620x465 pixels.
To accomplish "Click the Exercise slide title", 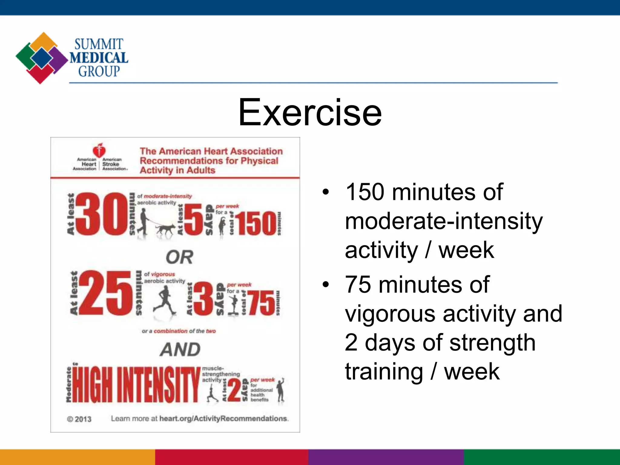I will coord(310,113).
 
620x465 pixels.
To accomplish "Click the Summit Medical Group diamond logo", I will coord(41,58).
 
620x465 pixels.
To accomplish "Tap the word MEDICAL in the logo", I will coord(99,58).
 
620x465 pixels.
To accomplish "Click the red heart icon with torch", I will coord(99,150).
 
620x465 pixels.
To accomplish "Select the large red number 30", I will coord(101,214).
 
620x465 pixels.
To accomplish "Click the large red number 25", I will coord(106,293).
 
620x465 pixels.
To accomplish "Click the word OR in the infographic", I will coord(179,257).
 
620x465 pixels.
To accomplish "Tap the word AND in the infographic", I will coord(180,350).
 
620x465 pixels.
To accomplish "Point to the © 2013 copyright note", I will coord(79,419).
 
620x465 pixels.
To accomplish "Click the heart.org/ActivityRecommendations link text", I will coord(224,419).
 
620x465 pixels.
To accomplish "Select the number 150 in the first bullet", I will coord(365,192).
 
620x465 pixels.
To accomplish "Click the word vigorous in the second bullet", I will coord(391,314).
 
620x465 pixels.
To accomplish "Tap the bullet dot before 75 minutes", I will coord(325,285).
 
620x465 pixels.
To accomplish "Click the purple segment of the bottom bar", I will coord(386,457).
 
